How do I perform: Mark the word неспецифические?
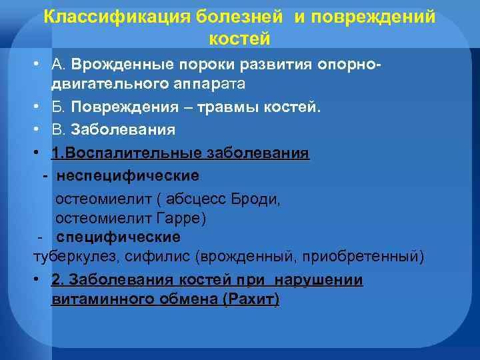(x=128, y=176)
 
